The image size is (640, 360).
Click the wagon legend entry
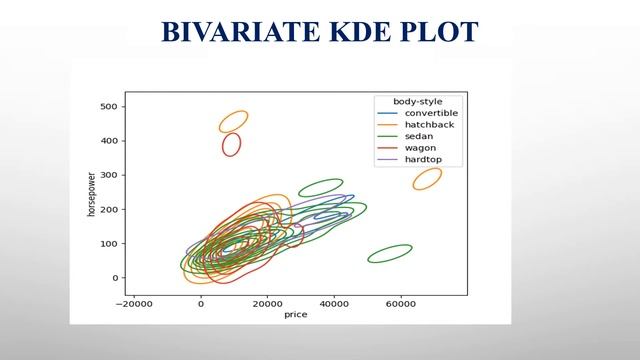tap(409, 148)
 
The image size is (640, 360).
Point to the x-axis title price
tap(296, 314)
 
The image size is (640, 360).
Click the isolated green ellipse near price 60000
tap(390, 254)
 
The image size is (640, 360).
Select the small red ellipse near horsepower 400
tap(231, 145)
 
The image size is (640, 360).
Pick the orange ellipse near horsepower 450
tap(233, 122)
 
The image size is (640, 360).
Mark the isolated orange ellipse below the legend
tap(427, 179)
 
